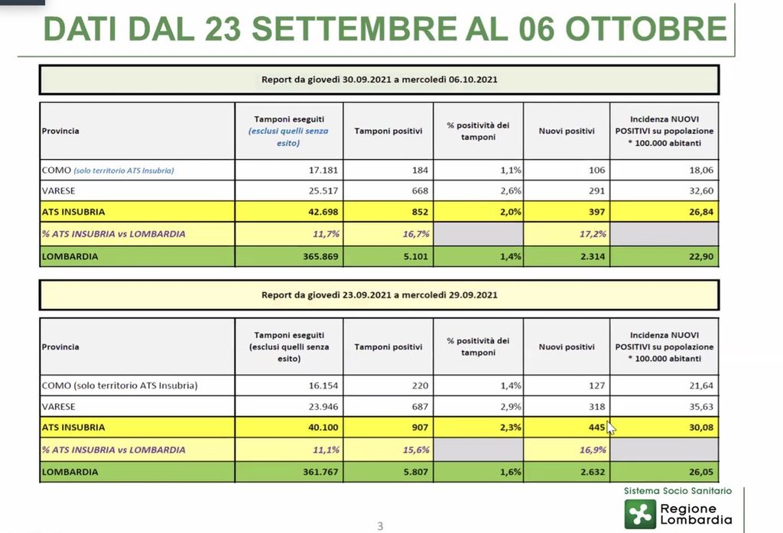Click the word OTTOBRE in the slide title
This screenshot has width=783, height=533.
[646, 28]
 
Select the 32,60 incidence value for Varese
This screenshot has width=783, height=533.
[701, 190]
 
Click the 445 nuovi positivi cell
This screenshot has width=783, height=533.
[593, 427]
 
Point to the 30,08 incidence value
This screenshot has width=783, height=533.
[700, 427]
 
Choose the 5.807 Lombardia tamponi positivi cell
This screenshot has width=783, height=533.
[414, 472]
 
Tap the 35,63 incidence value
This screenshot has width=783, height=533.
[701, 406]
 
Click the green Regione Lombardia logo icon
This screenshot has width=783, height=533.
[640, 514]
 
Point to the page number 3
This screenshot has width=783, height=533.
[380, 525]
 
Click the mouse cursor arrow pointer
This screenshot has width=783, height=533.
[610, 428]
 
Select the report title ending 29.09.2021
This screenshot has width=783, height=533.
[380, 294]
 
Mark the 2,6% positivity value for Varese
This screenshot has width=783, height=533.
[511, 190]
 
